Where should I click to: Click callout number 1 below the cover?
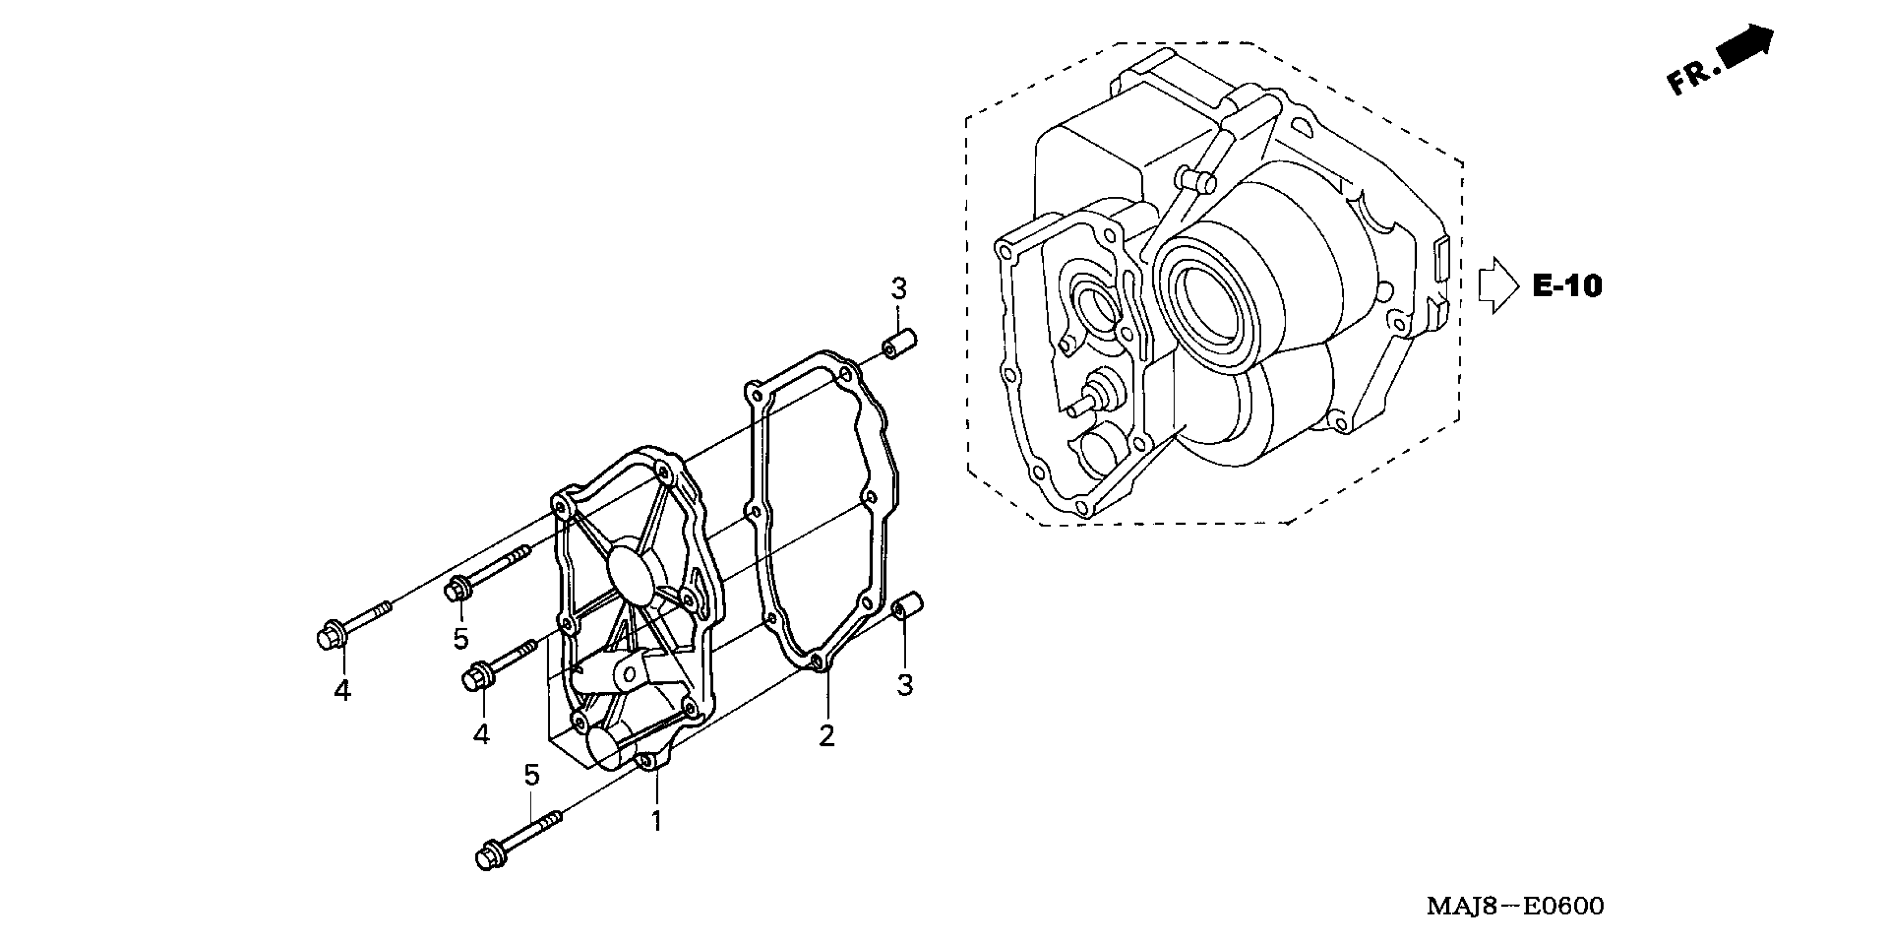[x=657, y=821]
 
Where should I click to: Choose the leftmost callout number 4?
[x=342, y=690]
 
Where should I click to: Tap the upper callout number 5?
[x=461, y=638]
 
